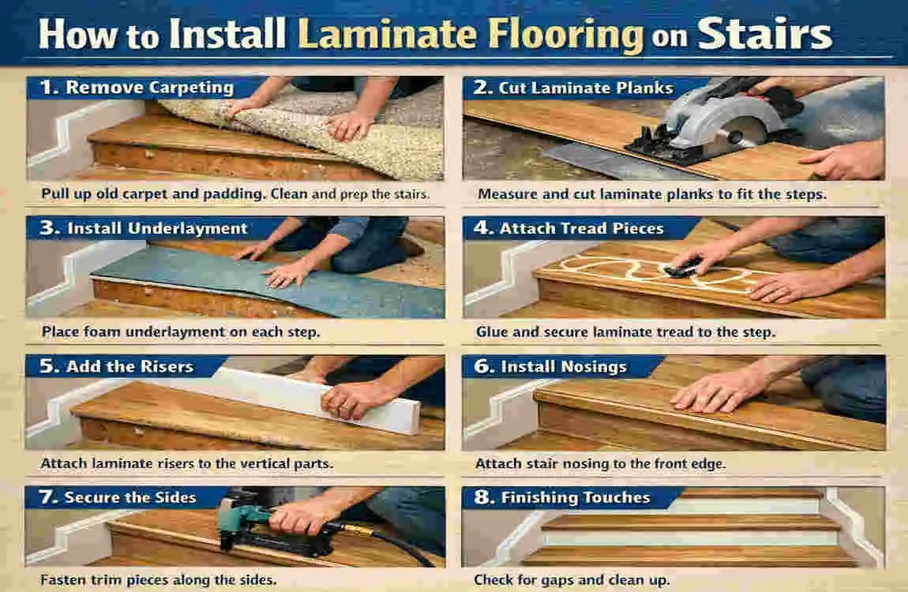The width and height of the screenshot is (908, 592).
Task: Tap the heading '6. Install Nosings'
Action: click(562, 367)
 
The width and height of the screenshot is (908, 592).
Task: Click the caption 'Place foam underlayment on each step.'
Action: click(181, 332)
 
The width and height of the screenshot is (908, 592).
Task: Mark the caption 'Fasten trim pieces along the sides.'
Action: click(158, 579)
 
